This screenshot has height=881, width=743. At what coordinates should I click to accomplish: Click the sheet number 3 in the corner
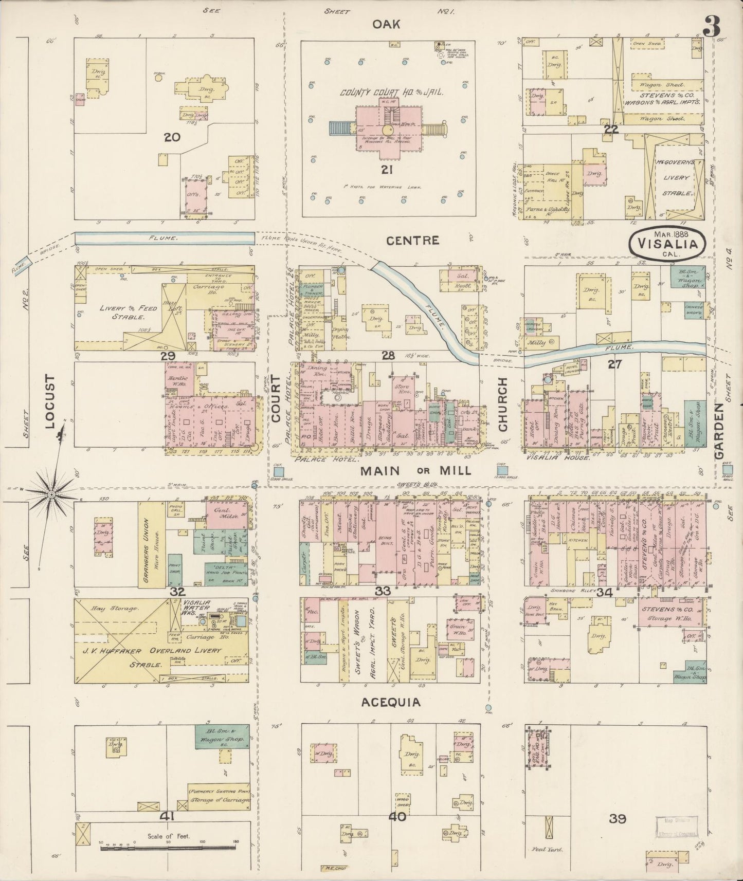[712, 26]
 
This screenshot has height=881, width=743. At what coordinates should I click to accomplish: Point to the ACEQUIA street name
[390, 702]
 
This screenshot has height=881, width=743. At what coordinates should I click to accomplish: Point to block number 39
[617, 819]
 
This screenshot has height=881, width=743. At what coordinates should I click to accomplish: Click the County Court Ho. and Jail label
[391, 92]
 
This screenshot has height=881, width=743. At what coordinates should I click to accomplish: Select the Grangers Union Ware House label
[152, 545]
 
